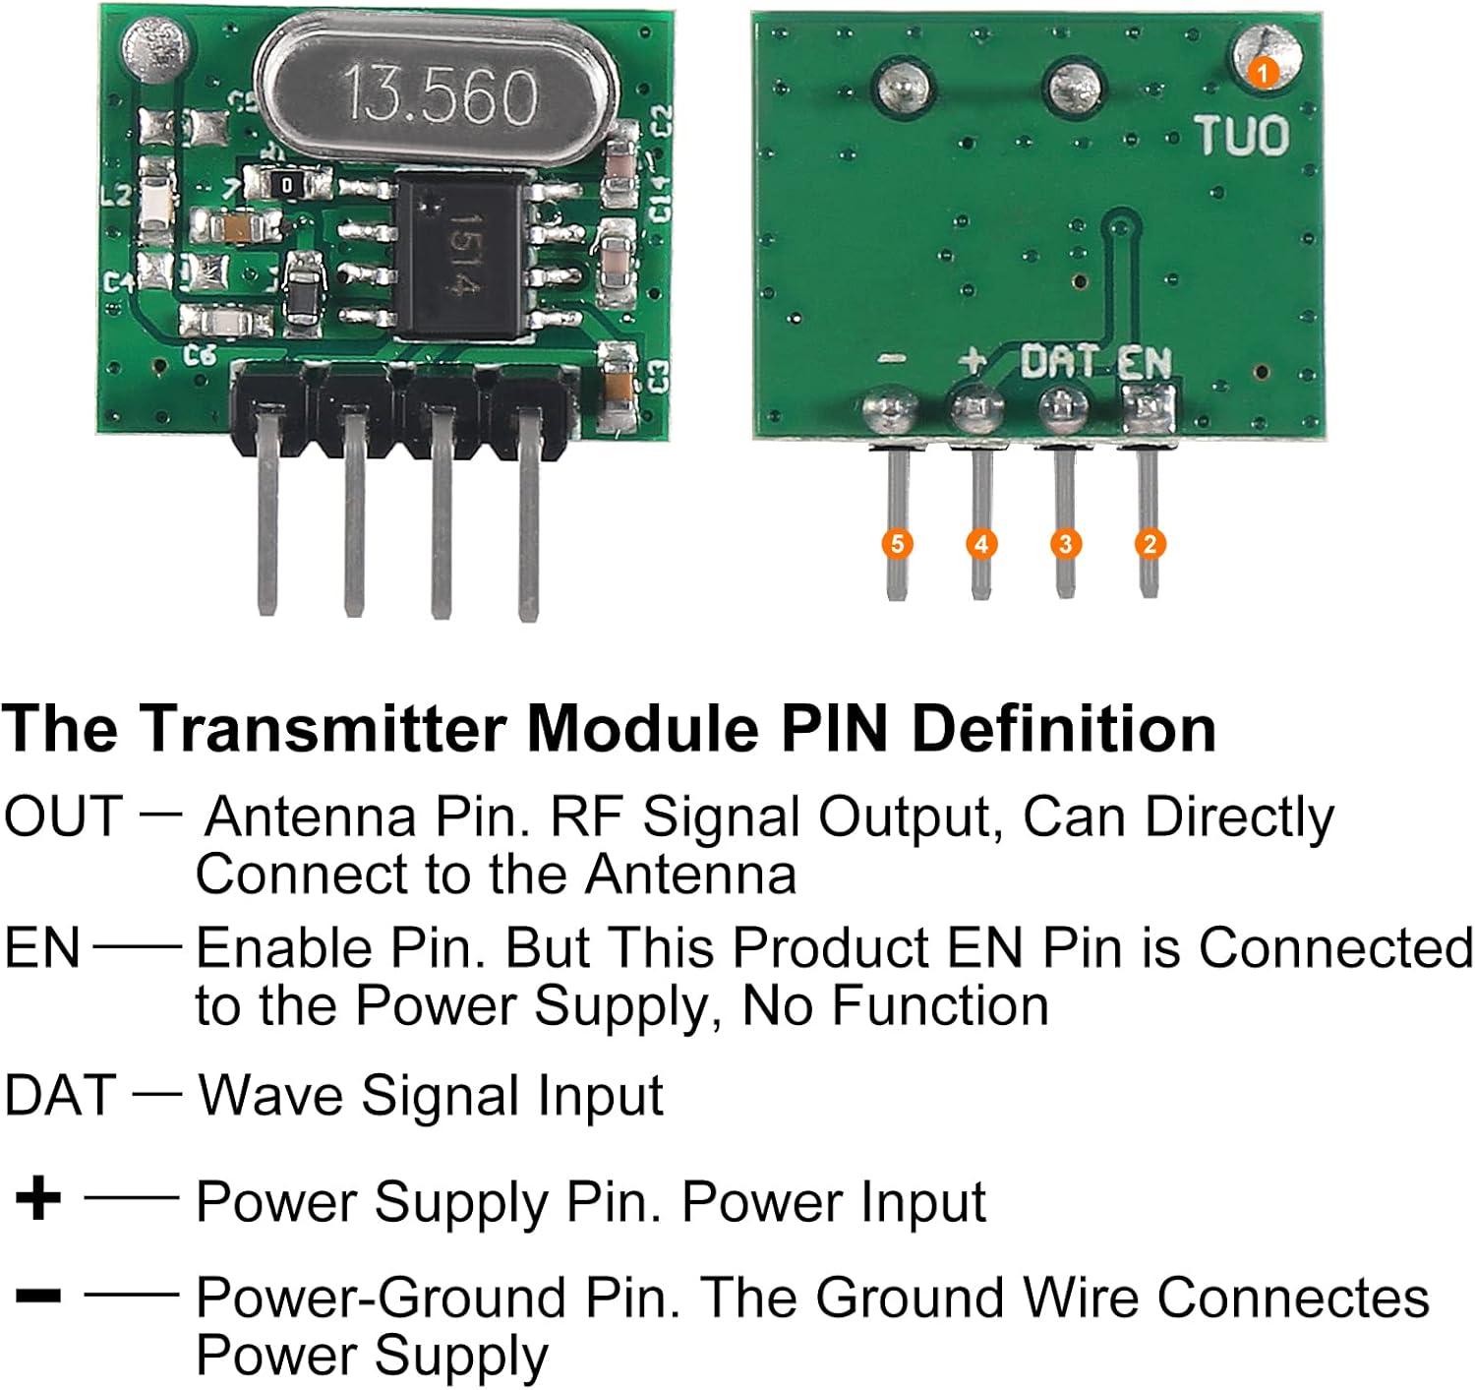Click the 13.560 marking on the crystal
[x=440, y=95]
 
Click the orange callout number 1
[x=1263, y=72]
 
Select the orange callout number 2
[x=1150, y=544]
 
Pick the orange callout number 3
[x=1065, y=544]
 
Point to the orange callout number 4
[x=980, y=544]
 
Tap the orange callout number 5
[x=896, y=544]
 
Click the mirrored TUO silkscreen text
[x=1242, y=136]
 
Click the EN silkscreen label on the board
[x=1144, y=364]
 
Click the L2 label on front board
[x=116, y=195]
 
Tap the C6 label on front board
[x=200, y=354]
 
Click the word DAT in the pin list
[x=60, y=1095]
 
